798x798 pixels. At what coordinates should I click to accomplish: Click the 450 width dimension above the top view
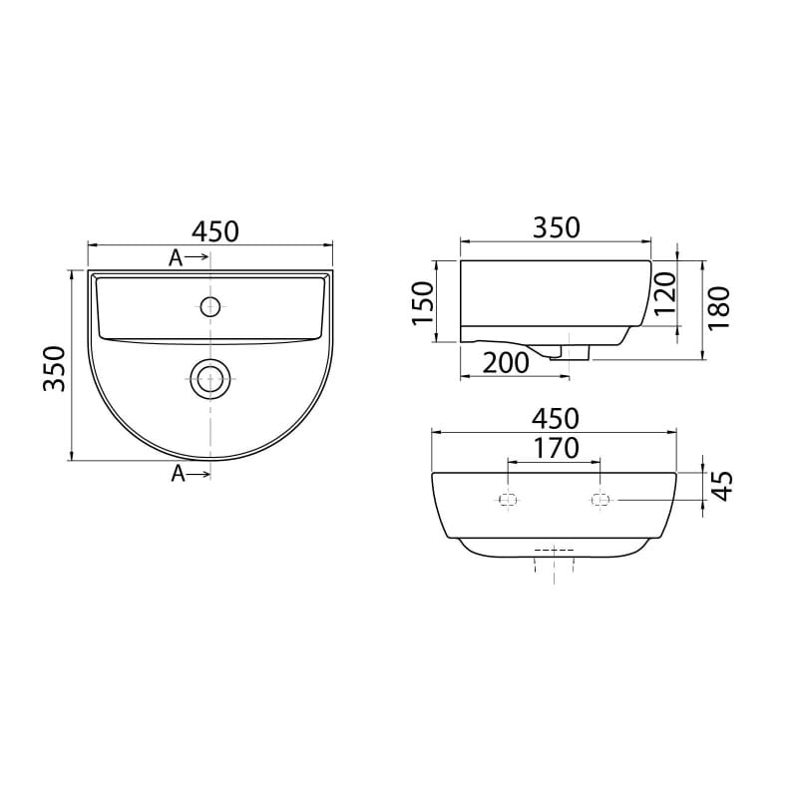pos(214,231)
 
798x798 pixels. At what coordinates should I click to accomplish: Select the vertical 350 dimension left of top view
pos(55,368)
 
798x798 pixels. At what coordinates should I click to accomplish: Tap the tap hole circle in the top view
pos(210,306)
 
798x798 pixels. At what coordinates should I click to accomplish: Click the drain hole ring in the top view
pos(210,379)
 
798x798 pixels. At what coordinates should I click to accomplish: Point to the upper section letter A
pos(176,258)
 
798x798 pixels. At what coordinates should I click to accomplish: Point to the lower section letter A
pos(179,474)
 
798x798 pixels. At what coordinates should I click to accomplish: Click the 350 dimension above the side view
pos(557,227)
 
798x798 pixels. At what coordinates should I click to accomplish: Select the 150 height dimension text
pos(422,303)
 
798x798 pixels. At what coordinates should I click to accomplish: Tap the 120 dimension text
pos(665,294)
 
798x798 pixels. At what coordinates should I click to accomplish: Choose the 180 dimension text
pos(718,308)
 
